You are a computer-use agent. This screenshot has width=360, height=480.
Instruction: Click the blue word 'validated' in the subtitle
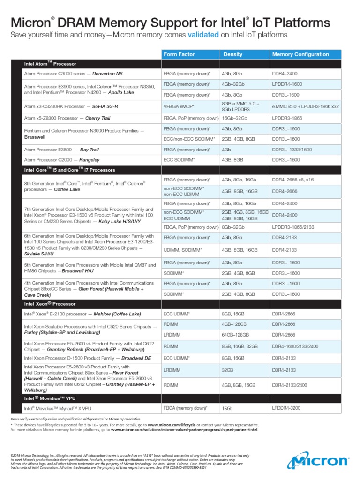202,35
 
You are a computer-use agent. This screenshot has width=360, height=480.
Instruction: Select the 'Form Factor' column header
179,54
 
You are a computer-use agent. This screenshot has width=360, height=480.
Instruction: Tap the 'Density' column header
233,54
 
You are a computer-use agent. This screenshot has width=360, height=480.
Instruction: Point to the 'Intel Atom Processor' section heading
50,64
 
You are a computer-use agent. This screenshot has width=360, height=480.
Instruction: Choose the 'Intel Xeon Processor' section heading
50,304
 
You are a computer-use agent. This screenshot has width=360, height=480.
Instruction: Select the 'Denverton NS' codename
107,74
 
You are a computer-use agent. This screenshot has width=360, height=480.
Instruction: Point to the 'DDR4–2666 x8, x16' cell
293,180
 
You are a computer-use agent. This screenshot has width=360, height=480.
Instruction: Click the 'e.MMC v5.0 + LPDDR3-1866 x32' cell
306,106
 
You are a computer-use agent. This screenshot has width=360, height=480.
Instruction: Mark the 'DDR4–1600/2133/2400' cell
296,347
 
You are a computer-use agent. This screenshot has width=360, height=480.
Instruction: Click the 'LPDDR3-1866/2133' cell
292,227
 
